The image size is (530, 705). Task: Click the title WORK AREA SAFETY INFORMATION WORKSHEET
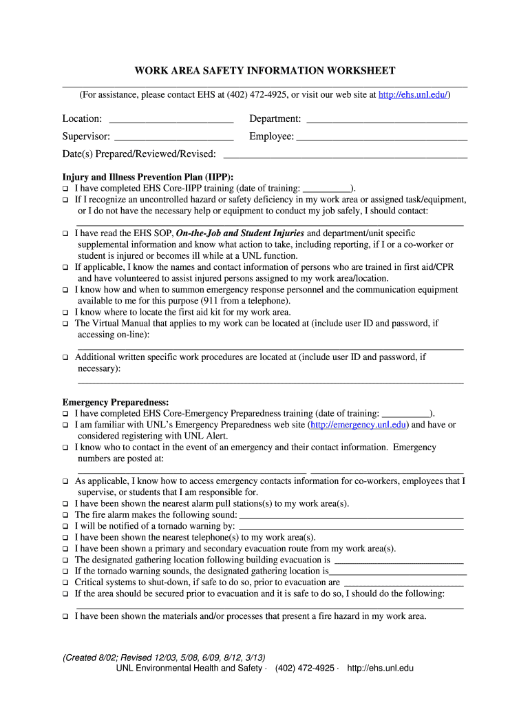click(264, 71)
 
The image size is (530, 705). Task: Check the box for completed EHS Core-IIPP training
click(66, 188)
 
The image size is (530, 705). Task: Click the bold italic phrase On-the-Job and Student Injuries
click(240, 233)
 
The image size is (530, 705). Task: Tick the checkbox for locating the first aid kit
click(66, 312)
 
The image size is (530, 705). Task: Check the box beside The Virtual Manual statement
click(66, 323)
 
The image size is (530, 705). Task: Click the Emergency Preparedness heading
click(116, 402)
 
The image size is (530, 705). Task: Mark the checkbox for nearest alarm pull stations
click(66, 504)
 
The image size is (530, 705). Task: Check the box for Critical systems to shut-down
click(66, 582)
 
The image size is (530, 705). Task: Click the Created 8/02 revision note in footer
click(164, 657)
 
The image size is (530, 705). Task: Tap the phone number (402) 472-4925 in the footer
click(304, 669)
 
